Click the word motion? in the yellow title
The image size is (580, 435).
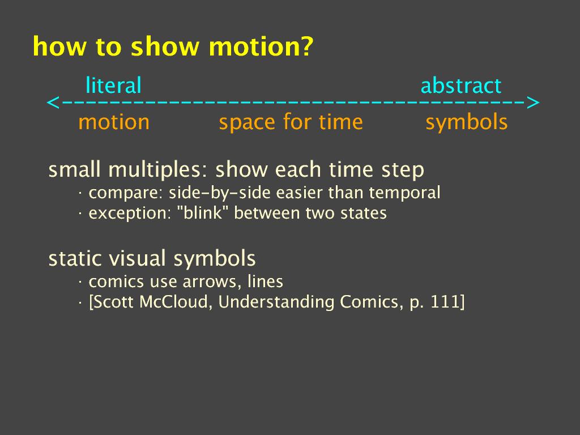point(261,47)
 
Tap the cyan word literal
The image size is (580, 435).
point(113,85)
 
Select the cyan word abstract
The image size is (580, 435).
point(461,86)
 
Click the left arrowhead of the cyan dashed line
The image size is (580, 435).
point(53,103)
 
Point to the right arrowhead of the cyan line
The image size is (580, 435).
point(532,103)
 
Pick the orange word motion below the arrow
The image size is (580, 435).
point(114,122)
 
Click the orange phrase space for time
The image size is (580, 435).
point(291,122)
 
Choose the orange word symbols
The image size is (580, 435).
point(467,122)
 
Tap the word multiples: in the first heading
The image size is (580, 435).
point(159,170)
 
